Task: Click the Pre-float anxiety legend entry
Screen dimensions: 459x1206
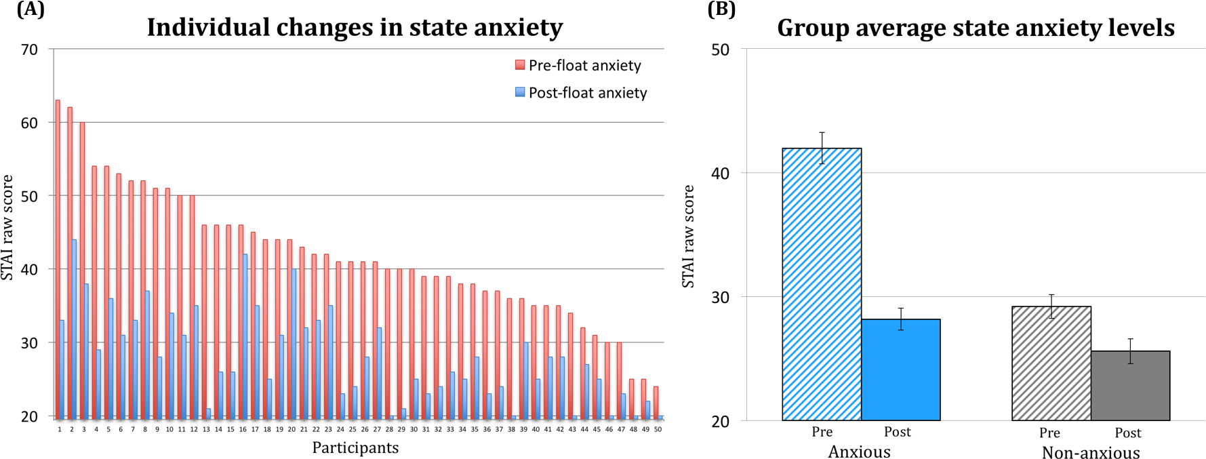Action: (578, 66)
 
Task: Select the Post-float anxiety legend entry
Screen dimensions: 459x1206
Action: (580, 93)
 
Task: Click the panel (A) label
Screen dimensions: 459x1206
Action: (31, 9)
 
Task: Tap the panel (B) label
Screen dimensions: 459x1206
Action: (721, 9)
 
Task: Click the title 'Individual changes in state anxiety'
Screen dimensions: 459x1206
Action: (355, 28)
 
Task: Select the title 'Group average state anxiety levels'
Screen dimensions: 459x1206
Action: (976, 28)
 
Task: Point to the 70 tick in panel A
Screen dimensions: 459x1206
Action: (29, 49)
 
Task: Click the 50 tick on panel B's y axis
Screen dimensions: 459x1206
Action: (720, 49)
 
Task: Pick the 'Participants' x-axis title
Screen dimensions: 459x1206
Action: (355, 447)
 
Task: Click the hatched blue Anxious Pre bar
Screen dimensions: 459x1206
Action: (822, 285)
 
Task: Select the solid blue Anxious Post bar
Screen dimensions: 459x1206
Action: (900, 370)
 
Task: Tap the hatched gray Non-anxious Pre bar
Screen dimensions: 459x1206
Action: (1051, 363)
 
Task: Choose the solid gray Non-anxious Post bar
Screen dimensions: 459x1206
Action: (1130, 386)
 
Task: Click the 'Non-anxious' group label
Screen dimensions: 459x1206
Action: (1090, 452)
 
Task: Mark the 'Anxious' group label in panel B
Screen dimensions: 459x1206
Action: (859, 452)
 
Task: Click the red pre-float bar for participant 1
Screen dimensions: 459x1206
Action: (58, 258)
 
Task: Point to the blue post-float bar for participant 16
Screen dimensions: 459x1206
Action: (245, 336)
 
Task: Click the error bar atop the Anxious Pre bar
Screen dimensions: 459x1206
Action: (822, 147)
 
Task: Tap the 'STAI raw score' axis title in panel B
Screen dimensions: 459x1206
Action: (688, 236)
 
